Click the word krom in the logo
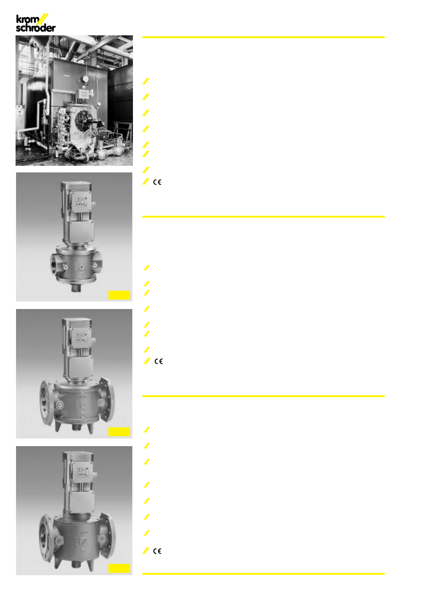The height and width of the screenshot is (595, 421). coord(28,20)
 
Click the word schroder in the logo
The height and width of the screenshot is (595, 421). coord(36,28)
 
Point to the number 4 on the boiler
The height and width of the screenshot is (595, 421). coord(91,93)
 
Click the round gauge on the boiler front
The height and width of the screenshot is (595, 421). coord(85,79)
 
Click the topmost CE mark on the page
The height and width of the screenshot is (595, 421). coord(157,182)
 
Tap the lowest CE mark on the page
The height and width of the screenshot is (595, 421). coord(157,551)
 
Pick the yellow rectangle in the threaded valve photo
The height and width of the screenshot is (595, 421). coord(119,295)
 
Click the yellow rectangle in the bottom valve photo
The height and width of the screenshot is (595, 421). coord(119,568)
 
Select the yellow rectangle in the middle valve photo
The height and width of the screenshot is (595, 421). coord(119,432)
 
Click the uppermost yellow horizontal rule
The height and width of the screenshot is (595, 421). coord(264,37)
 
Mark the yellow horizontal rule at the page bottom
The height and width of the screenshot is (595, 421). coord(264,574)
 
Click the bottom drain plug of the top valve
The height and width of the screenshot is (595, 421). coord(76,287)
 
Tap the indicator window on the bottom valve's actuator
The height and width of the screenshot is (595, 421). coord(83,472)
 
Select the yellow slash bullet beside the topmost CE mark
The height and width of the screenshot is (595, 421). coord(146,182)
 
